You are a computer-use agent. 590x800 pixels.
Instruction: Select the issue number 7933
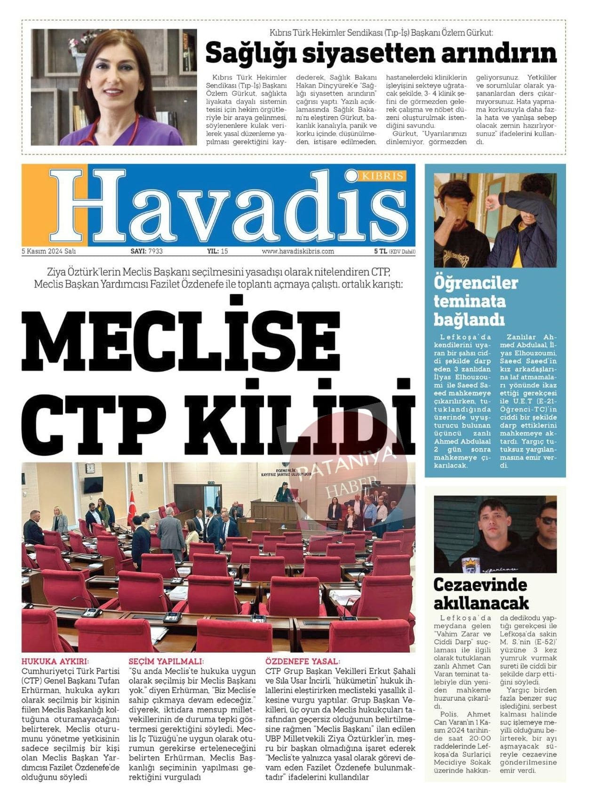pos(155,251)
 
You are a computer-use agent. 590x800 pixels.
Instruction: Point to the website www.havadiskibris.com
pos(298,251)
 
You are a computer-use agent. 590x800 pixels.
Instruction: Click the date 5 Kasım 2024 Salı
pos(48,251)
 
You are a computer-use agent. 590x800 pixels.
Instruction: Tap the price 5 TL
pos(380,251)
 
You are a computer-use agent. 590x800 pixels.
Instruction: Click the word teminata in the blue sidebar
pos(470,301)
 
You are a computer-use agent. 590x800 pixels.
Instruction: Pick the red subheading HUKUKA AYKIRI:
pos(55,662)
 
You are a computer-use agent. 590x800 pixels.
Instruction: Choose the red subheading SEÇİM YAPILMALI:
pos(166,662)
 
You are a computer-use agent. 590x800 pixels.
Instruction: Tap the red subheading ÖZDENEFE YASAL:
pos(303,662)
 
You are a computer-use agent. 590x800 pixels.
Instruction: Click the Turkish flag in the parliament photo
pos(131,508)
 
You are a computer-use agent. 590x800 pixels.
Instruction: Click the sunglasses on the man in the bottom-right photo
pos(547,520)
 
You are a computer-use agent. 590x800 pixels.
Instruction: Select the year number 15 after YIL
pos(224,251)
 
